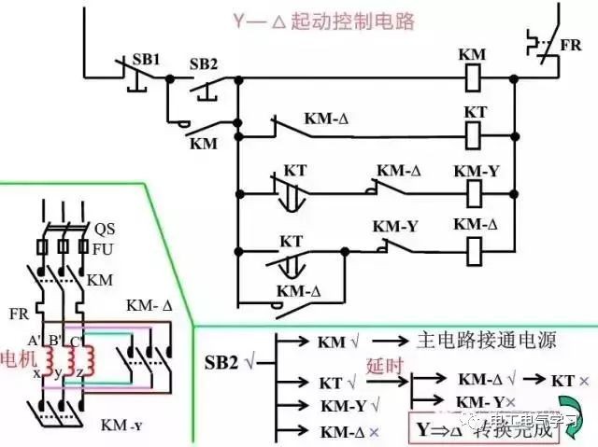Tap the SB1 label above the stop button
[147, 58]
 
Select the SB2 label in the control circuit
[204, 63]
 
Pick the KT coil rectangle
[475, 135]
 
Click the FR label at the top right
[571, 48]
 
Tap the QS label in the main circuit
[105, 229]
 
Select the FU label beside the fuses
[104, 249]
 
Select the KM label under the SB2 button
[204, 144]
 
